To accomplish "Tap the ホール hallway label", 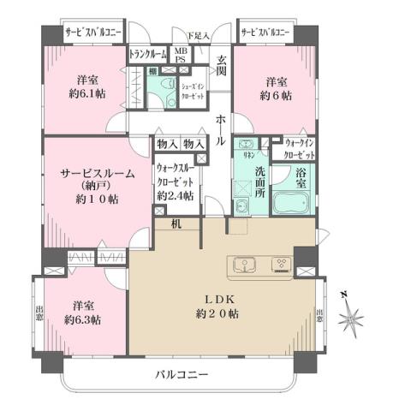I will pos(221,128).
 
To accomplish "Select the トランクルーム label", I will pos(147,54).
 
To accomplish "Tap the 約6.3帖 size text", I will pos(81,319).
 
